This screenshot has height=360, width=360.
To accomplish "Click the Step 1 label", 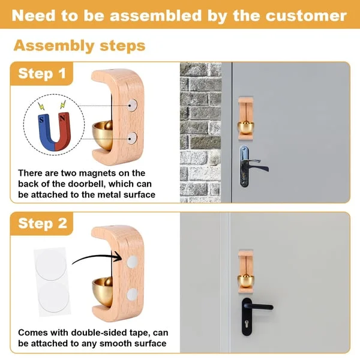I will (41, 74).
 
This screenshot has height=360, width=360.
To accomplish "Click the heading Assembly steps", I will (79, 45).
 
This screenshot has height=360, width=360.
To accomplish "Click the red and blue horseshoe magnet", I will (52, 124).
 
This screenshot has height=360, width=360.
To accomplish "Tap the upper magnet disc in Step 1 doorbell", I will (132, 105).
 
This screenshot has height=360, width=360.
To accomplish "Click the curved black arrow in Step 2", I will (96, 257).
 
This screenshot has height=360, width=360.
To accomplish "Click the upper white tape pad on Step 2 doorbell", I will (132, 262).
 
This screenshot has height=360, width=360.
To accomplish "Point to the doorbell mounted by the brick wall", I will (246, 117).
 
